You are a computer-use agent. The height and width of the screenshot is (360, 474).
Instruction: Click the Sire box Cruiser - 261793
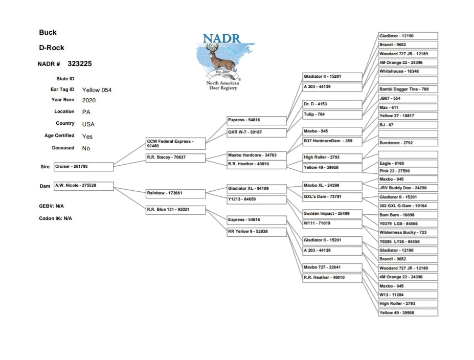pyautogui.click(x=83, y=167)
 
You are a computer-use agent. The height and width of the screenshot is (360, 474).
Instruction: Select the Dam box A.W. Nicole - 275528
pyautogui.click(x=83, y=186)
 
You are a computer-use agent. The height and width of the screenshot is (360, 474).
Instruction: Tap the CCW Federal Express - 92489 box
pyautogui.click(x=175, y=143)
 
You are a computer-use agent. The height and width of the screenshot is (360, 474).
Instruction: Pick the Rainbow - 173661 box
pyautogui.click(x=175, y=193)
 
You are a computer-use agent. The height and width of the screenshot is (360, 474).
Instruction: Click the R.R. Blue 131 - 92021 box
pyautogui.click(x=175, y=209)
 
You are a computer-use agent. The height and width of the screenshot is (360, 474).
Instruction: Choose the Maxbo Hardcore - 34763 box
pyautogui.click(x=256, y=155)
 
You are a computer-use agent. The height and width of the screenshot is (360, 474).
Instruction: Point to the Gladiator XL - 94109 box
pyautogui.click(x=256, y=189)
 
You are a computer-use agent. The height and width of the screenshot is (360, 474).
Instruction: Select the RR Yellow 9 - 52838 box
pyautogui.click(x=256, y=232)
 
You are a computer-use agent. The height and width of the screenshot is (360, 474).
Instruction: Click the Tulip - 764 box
pyautogui.click(x=332, y=115)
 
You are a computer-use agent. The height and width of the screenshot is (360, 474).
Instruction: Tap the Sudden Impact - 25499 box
pyautogui.click(x=332, y=213)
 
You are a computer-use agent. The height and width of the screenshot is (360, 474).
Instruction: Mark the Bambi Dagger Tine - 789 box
pyautogui.click(x=408, y=89)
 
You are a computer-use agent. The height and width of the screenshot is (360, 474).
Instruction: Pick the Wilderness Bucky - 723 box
pyautogui.click(x=408, y=233)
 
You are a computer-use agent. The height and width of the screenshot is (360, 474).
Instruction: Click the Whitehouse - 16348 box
pyautogui.click(x=408, y=72)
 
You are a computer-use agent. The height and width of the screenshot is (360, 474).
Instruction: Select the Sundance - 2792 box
pyautogui.click(x=408, y=143)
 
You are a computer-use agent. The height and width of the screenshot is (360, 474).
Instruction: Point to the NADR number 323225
pyautogui.click(x=80, y=64)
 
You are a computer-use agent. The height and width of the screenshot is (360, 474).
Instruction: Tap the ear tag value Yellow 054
pyautogui.click(x=97, y=90)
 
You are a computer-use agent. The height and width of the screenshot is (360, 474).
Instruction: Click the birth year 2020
pyautogui.click(x=88, y=100)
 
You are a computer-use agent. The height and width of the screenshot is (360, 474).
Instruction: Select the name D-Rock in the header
pyautogui.click(x=52, y=48)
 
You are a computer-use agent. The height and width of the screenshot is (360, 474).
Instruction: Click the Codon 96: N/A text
pyautogui.click(x=56, y=218)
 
